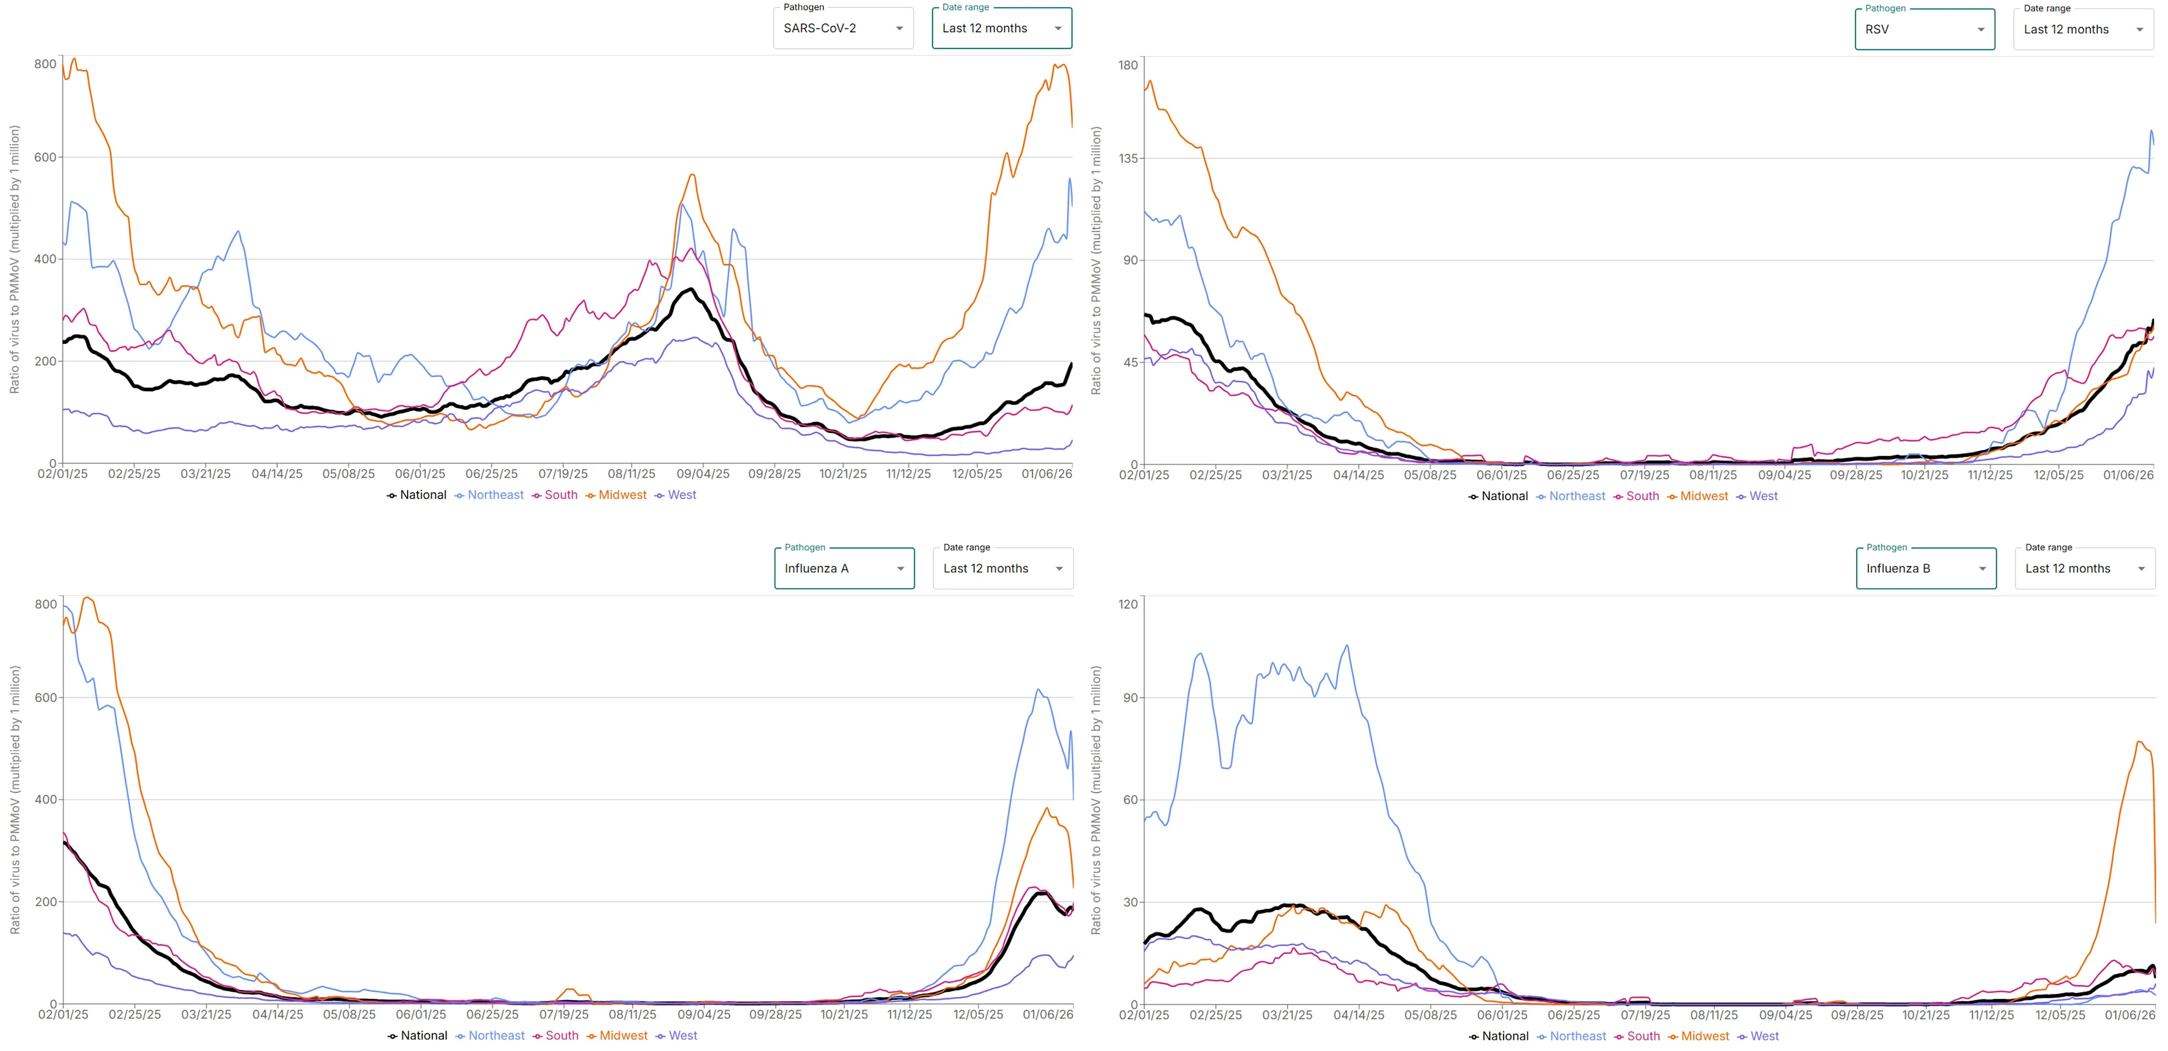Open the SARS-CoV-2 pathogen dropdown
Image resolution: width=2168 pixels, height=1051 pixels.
tap(842, 29)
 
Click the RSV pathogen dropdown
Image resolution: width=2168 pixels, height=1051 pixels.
tap(1924, 29)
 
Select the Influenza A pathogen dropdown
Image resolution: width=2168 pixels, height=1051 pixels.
tap(843, 569)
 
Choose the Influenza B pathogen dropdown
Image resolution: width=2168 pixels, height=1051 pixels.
tap(1926, 569)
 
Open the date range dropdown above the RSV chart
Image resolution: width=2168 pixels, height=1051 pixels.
tap(2082, 29)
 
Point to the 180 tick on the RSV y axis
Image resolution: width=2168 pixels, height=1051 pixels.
tap(1128, 65)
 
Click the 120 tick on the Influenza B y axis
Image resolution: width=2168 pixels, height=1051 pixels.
tap(1128, 604)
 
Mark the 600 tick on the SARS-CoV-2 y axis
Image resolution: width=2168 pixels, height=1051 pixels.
tap(45, 157)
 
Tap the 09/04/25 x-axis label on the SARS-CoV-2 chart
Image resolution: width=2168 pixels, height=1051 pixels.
tap(703, 474)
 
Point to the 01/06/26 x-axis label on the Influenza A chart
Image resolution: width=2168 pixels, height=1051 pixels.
tap(1048, 1015)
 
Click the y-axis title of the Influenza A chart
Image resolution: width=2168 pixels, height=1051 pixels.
tap(14, 799)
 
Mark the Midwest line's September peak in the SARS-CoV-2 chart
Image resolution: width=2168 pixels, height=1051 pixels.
tap(692, 174)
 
